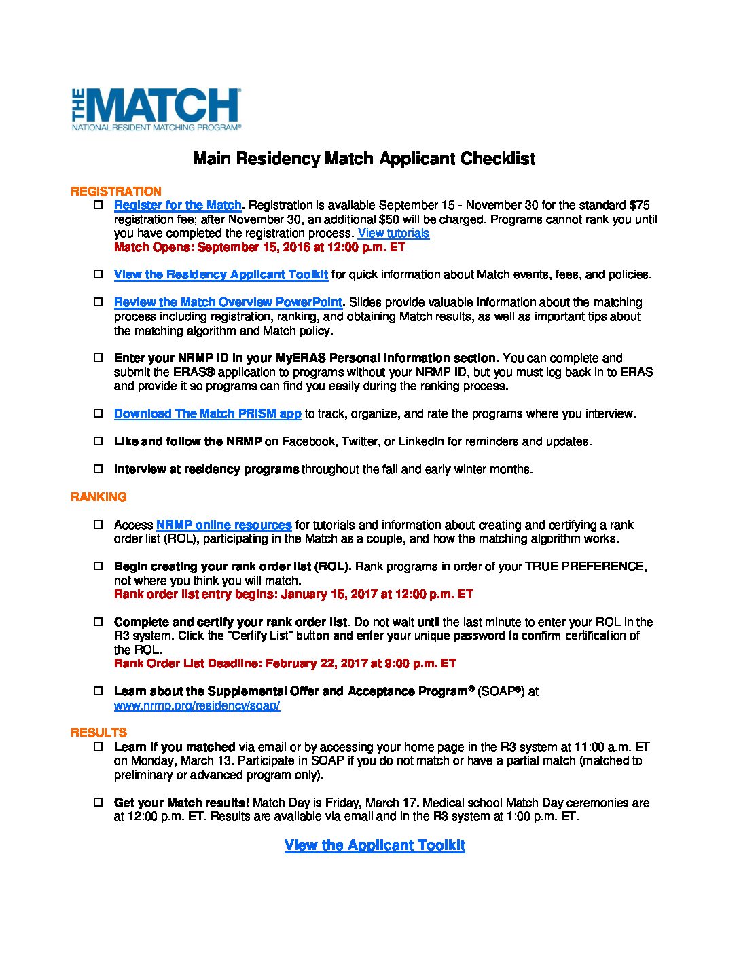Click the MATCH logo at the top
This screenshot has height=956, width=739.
pos(156,109)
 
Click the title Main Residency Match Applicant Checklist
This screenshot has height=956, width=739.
pos(364,159)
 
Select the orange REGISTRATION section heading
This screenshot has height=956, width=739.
pos(116,191)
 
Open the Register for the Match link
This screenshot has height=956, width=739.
pos(178,205)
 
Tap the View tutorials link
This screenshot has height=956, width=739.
pos(393,233)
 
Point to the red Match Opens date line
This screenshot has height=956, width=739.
pos(259,247)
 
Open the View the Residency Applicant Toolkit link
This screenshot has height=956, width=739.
pos(221,274)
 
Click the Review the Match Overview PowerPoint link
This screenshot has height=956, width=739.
pos(228,302)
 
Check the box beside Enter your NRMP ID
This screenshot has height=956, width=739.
pos(98,357)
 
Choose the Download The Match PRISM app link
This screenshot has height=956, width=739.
pos(207,413)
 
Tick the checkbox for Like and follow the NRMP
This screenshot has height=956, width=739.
pos(98,441)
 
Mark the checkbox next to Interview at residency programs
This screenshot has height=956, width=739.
pos(98,468)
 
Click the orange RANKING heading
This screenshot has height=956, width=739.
pos(98,497)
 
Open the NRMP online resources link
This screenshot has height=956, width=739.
pos(223,525)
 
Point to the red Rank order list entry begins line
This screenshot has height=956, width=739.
pos(293,594)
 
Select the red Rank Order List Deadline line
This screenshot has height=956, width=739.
pos(285,663)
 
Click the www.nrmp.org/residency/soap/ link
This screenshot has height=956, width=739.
pos(197,705)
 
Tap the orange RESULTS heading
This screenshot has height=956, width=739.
pos(98,733)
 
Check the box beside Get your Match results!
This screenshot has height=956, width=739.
pos(98,802)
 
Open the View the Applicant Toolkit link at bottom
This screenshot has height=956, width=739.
pos(375,845)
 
